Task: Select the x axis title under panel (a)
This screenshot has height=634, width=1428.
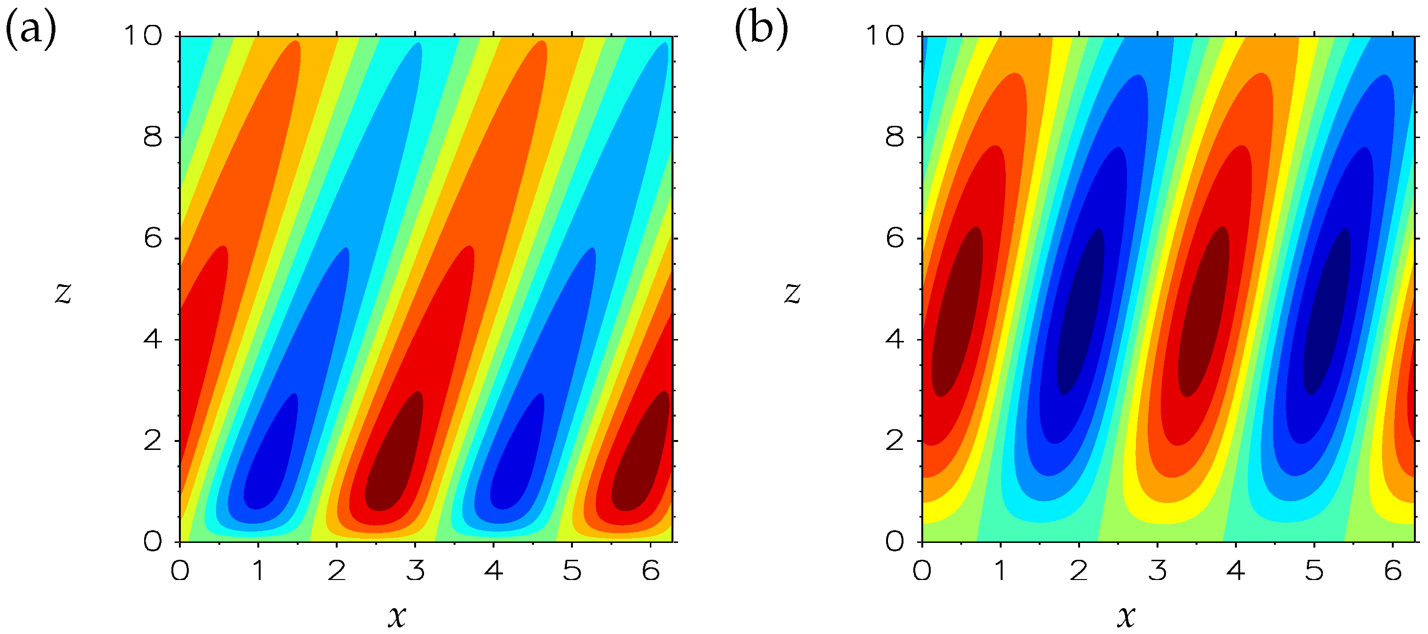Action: point(397,615)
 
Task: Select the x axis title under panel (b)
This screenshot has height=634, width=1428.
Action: point(1126,615)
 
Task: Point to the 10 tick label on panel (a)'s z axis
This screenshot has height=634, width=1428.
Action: point(143,36)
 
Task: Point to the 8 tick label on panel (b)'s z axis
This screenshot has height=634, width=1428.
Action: point(895,137)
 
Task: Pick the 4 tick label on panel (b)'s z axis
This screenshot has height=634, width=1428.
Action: point(895,339)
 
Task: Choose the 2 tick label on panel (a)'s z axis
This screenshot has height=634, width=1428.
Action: point(153,441)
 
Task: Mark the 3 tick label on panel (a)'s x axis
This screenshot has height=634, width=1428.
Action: point(415,570)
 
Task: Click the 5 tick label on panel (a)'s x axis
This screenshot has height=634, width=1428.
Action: point(572,570)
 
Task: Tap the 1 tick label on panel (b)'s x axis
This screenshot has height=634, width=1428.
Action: point(1001,570)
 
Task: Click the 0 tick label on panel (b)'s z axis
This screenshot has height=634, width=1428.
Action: point(895,542)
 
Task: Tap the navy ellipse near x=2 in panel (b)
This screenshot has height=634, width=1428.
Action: point(1081,316)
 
